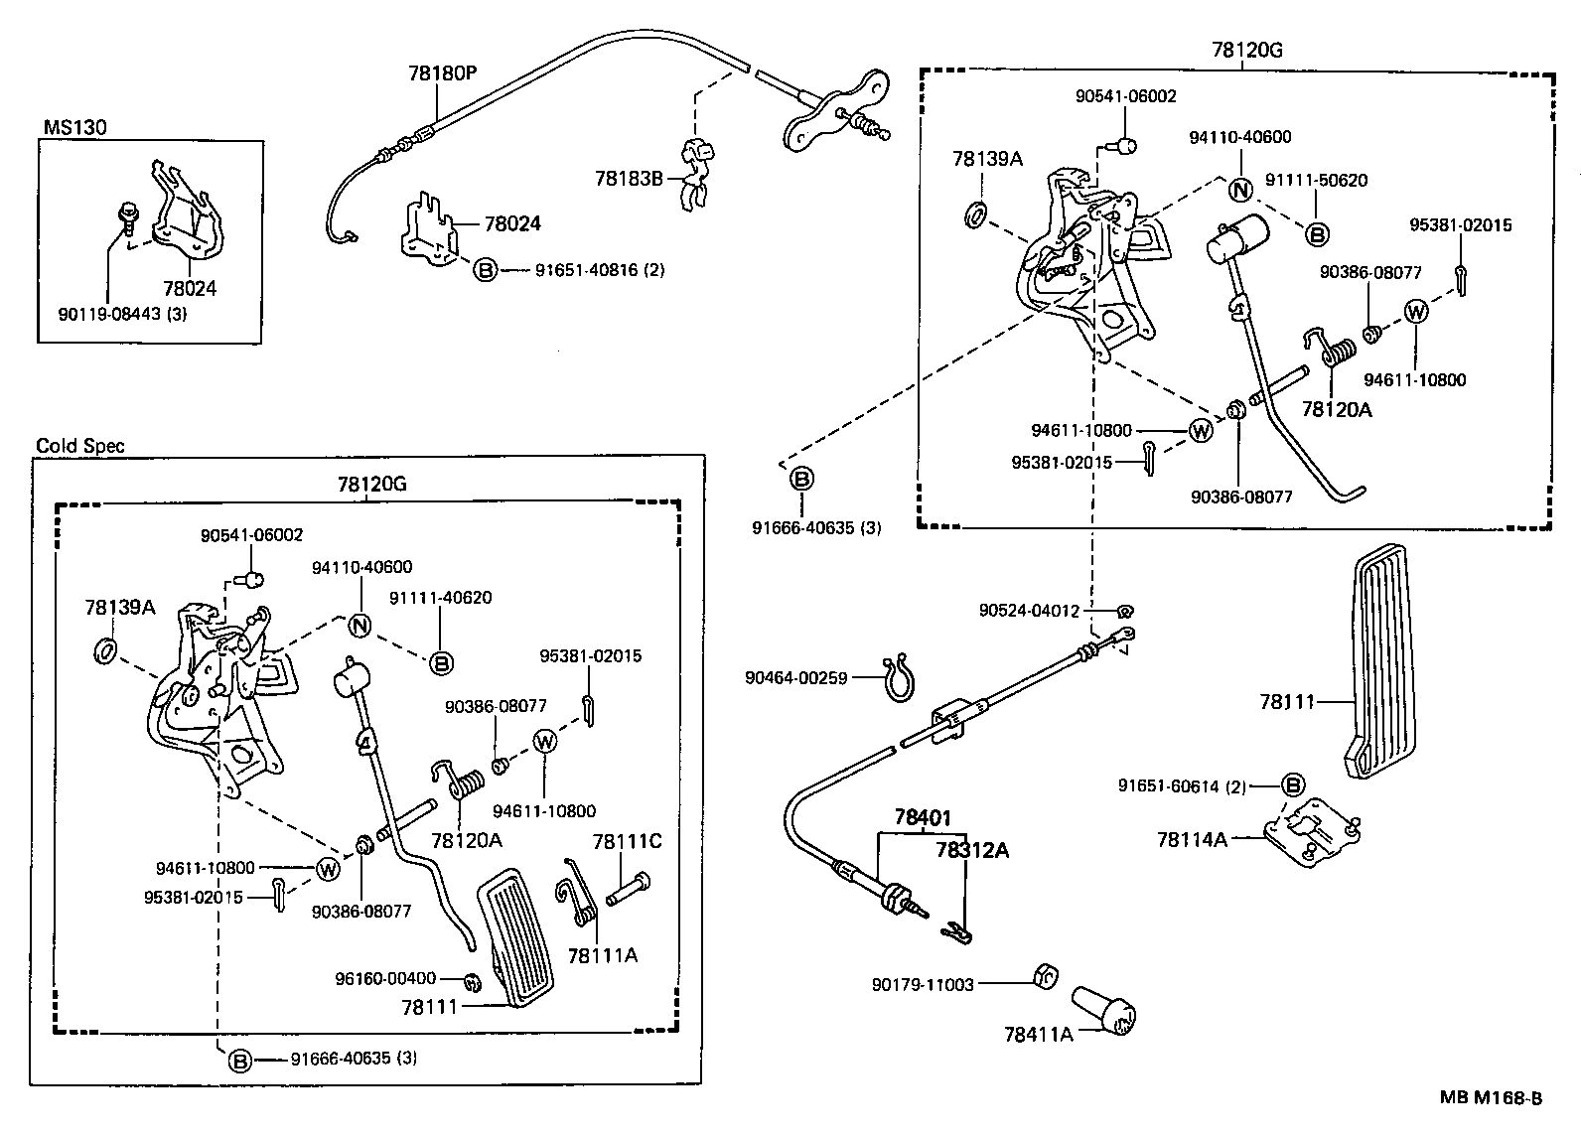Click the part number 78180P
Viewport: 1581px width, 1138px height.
pos(442,73)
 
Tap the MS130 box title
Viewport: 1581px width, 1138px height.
pos(74,128)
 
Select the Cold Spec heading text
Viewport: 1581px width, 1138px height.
pos(80,446)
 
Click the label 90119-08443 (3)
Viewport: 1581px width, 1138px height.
pos(124,315)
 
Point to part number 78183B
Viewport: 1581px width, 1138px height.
pos(629,178)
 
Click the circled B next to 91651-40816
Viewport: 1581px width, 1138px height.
pos(485,269)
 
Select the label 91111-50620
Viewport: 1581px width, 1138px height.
pos(1316,180)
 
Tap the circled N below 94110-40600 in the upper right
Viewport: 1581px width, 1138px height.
pos(1241,190)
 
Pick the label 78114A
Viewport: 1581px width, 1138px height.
pos(1192,839)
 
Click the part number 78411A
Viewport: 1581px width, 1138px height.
pos(1038,1035)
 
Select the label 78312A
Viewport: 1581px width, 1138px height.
pos(972,850)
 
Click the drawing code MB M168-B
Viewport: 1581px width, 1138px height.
pos(1491,1097)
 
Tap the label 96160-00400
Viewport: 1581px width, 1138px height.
pos(385,978)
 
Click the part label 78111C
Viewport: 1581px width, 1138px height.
pos(627,842)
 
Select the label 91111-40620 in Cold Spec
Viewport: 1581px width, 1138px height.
pos(440,598)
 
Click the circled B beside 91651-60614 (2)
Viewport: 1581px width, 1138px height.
pos(1292,785)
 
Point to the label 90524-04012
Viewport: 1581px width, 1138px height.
pos(1029,611)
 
